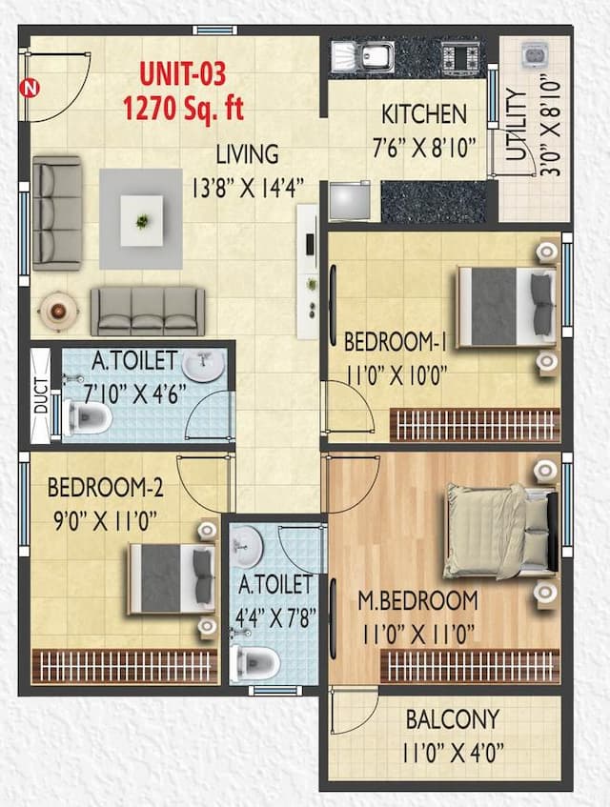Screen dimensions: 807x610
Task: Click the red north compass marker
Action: tap(30, 90)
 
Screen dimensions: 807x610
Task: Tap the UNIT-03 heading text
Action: tap(183, 72)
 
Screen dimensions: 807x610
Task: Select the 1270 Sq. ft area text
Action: tap(183, 107)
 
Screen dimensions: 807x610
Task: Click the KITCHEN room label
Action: tap(424, 114)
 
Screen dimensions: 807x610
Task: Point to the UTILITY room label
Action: tap(516, 130)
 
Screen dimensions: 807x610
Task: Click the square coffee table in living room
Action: tap(141, 219)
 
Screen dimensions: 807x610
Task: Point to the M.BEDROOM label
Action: tap(417, 601)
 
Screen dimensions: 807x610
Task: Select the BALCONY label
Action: tap(452, 718)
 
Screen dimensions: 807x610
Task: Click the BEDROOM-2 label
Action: tap(106, 489)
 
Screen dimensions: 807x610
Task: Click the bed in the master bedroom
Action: tap(498, 530)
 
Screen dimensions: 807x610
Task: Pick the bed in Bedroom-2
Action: tap(171, 577)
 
